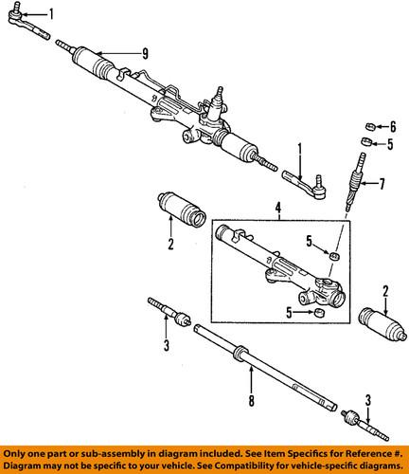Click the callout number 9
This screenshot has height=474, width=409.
click(146, 52)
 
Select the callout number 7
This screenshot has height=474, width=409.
click(384, 183)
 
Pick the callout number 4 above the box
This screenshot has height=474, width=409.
click(278, 208)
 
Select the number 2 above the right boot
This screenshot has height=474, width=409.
click(385, 290)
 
